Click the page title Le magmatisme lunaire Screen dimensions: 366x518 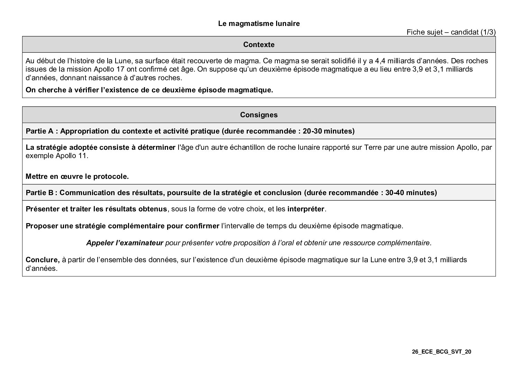pos(259,24)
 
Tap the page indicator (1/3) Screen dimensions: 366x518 pos(488,32)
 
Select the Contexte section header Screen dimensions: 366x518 pos(259,45)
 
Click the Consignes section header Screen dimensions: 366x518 pos(259,115)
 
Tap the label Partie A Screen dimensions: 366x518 pos(39,131)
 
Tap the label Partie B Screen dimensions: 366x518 pos(39,193)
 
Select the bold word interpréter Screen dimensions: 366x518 pos(306,209)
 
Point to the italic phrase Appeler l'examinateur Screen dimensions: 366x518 pos(125,243)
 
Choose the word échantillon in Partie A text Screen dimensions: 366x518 pos(248,147)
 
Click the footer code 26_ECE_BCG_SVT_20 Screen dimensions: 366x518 pos(442,352)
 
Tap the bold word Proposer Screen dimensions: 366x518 pos(42,226)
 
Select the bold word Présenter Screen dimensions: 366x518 pos(43,209)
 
